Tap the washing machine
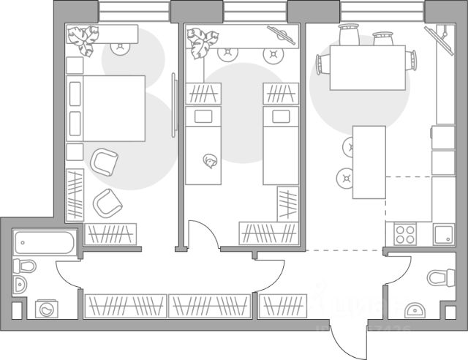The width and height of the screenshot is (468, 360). (x=46, y=309)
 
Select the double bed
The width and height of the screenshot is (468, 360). (x=113, y=108)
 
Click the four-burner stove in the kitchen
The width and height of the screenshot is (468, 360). (x=404, y=234)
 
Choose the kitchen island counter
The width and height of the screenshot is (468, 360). (x=369, y=162)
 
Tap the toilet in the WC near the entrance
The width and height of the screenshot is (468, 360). (x=438, y=277)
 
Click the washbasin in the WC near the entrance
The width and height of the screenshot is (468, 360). (x=415, y=311)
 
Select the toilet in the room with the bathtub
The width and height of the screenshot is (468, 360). (x=23, y=265)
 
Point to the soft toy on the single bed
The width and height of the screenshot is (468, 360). (x=211, y=162)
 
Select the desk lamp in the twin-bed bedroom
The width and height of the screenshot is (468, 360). (x=282, y=33)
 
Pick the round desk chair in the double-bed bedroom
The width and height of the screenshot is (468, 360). (x=118, y=48)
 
